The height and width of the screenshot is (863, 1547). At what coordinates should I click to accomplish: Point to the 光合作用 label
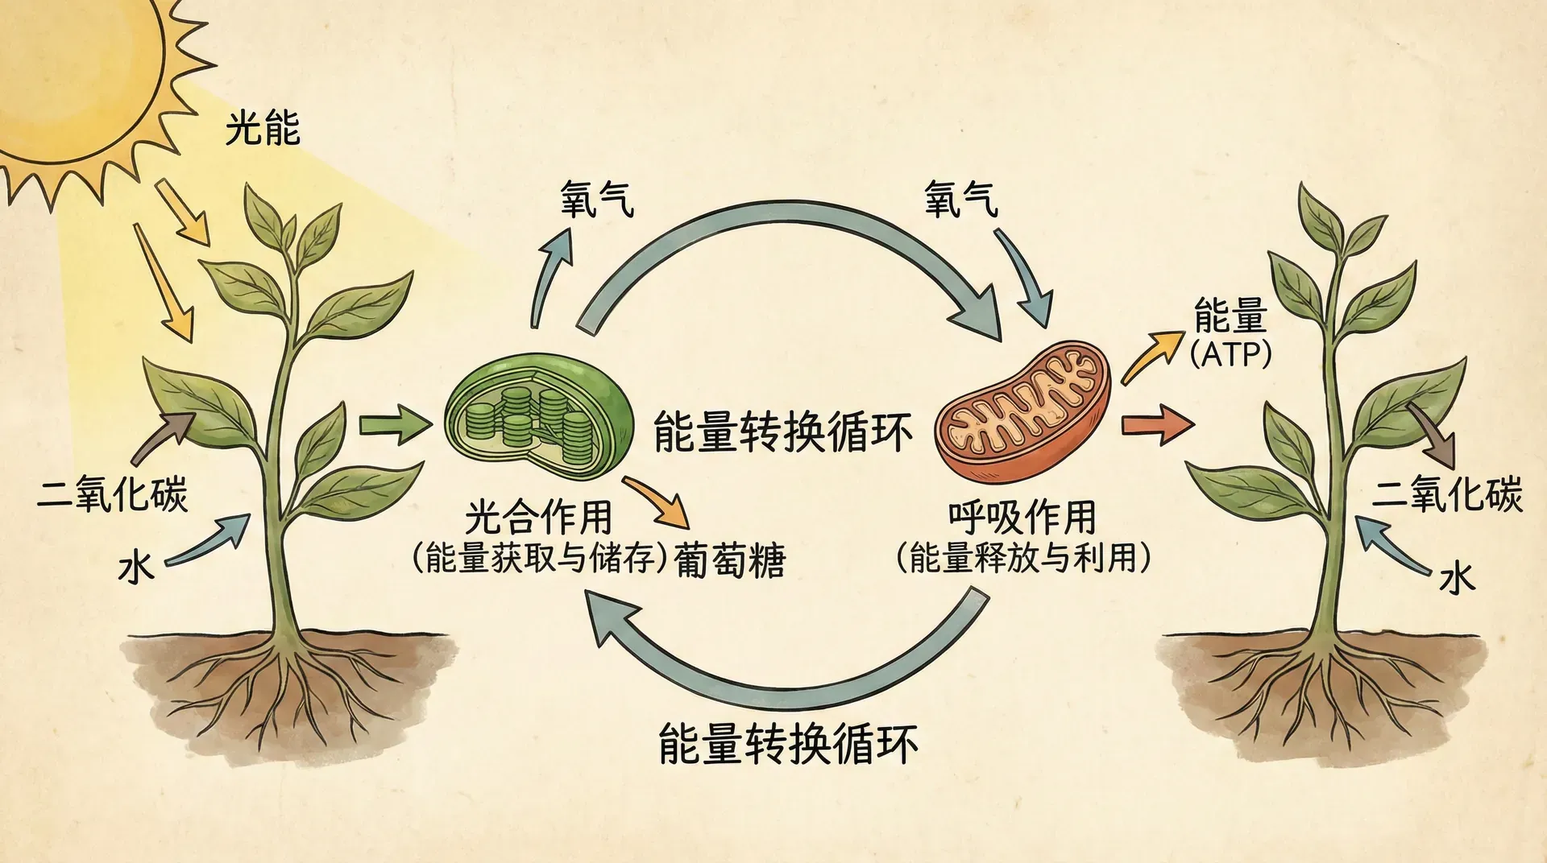[x=538, y=517]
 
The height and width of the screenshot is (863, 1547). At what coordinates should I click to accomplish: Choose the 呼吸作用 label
[x=1022, y=517]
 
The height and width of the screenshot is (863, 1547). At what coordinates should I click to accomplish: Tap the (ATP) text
[x=1230, y=354]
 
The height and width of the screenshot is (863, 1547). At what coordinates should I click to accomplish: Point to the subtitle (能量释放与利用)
[x=1022, y=558]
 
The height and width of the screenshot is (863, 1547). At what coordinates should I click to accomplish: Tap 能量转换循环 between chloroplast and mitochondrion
[x=782, y=431]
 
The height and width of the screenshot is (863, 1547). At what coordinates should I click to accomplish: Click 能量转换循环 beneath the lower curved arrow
[x=788, y=744]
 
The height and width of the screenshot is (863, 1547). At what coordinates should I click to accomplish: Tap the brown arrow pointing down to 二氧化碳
[x=1434, y=435]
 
